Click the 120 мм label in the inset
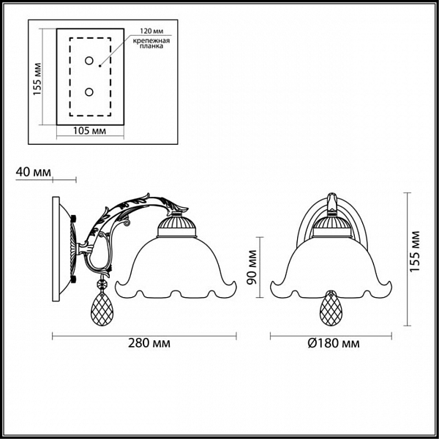click(151, 31)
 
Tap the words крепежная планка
click(151, 43)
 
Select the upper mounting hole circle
click(89, 61)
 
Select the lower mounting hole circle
click(89, 92)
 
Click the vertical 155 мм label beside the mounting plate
click(37, 79)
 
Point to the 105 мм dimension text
click(89, 131)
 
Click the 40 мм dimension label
click(34, 172)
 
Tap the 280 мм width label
click(149, 343)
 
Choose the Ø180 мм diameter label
click(334, 343)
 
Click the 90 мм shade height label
click(252, 267)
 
